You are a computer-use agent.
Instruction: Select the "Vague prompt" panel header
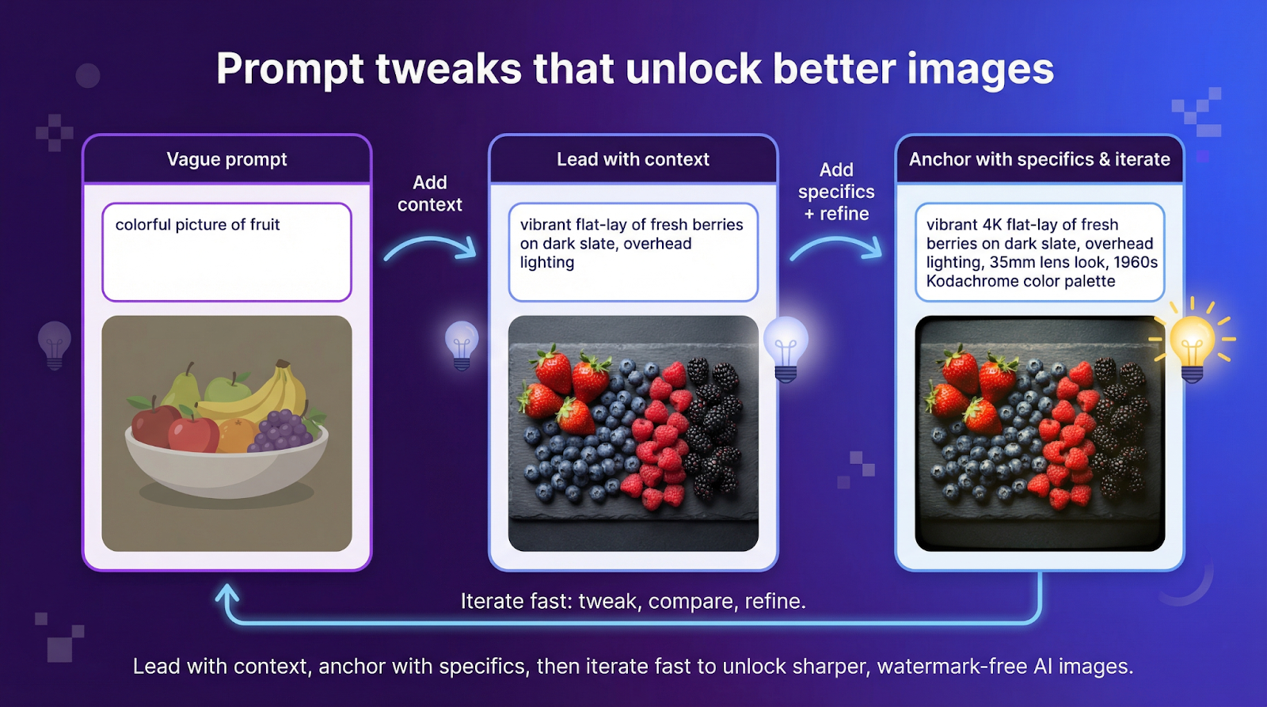click(226, 159)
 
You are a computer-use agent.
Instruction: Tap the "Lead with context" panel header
click(633, 159)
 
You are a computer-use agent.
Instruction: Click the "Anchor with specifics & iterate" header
click(1039, 159)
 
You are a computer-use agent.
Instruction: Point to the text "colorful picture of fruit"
click(197, 225)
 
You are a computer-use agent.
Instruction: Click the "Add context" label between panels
click(429, 193)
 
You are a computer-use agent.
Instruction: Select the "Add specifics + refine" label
click(836, 192)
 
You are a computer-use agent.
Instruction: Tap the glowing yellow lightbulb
click(1193, 343)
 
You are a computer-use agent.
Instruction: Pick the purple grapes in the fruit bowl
click(281, 431)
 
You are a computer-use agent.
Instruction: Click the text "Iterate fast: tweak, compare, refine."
click(633, 601)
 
